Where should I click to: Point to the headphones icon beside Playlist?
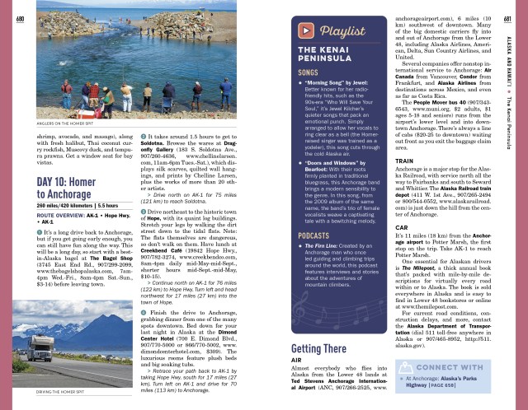307,31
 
